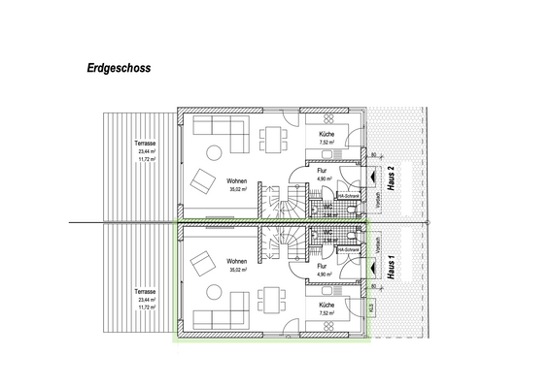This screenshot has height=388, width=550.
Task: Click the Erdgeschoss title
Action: [x=117, y=70]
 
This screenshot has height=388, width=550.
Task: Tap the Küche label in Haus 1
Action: [x=327, y=305]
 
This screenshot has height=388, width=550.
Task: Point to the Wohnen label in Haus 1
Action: [x=236, y=262]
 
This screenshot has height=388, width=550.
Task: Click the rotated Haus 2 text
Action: [x=390, y=180]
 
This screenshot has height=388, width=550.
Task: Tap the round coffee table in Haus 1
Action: [x=216, y=291]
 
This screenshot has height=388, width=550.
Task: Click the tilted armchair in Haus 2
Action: [x=203, y=180]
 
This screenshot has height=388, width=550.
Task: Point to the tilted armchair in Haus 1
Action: [x=203, y=262]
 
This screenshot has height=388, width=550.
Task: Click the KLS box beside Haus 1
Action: [x=370, y=307]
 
